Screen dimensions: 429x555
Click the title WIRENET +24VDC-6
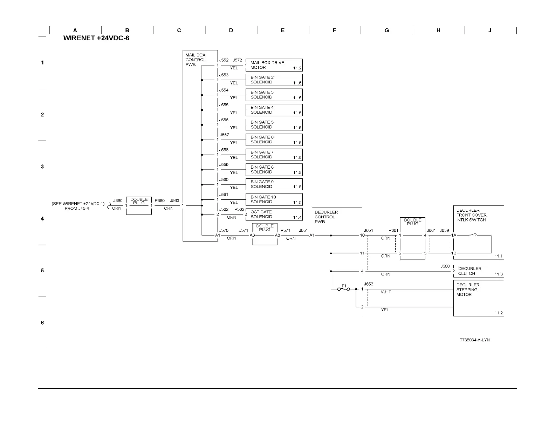point(96,38)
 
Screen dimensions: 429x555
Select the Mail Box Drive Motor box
point(274,65)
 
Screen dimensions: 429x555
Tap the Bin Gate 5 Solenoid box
point(274,125)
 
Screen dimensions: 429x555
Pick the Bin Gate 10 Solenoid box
point(274,199)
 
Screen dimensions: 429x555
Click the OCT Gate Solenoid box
point(274,214)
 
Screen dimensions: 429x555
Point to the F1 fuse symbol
point(343,289)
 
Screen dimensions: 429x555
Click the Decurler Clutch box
point(478,271)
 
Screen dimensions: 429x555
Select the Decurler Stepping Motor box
point(478,298)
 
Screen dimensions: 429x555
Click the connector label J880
point(118,201)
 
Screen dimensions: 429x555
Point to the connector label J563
point(174,201)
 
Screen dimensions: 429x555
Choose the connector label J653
point(369,284)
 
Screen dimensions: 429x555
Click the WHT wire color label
point(386,292)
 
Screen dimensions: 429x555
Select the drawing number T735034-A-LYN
point(475,340)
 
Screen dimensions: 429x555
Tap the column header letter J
point(490,30)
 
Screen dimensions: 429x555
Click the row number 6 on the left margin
point(42,322)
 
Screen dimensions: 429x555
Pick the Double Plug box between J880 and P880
point(139,206)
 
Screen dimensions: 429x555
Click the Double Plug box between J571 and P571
point(265,234)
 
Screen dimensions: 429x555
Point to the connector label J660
point(445,266)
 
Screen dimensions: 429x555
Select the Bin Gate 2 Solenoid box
point(274,80)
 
